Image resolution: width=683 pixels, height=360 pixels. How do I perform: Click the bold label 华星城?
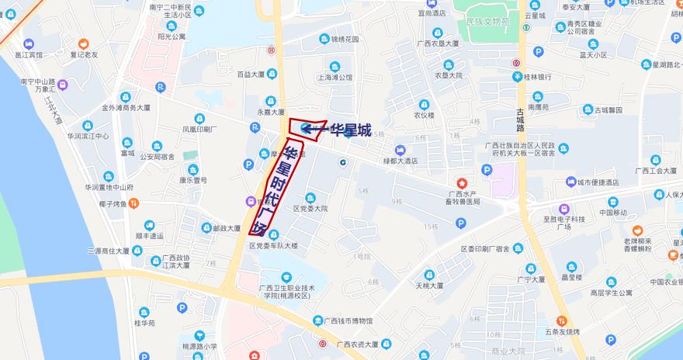pyautogui.click(x=351, y=130)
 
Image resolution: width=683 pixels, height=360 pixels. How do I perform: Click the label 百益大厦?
pyautogui.click(x=251, y=74)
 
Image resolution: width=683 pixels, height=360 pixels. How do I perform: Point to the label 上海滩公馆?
pyautogui.click(x=335, y=78)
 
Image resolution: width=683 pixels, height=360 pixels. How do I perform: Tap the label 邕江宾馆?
pyautogui.click(x=28, y=56)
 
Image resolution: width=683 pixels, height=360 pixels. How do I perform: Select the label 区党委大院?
pyautogui.click(x=310, y=209)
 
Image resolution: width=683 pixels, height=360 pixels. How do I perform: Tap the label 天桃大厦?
pyautogui.click(x=428, y=286)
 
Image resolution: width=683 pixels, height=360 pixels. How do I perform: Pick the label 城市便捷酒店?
pyautogui.click(x=597, y=182)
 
